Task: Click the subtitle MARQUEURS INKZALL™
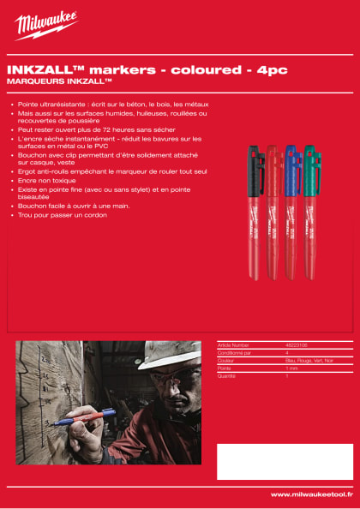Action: point(59,81)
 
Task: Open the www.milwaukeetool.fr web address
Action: point(311,494)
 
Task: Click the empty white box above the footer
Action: point(283,461)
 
